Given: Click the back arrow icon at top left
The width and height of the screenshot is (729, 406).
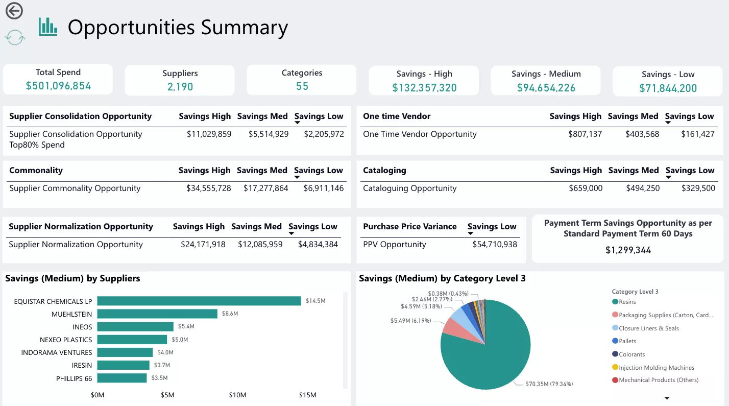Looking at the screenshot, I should click(x=14, y=10).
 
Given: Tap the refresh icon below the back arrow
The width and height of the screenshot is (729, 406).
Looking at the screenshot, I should click(x=15, y=37).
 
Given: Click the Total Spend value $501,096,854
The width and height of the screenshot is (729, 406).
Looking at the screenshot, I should click(x=58, y=86).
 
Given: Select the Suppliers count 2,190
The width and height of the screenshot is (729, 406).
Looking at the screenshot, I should click(x=180, y=87).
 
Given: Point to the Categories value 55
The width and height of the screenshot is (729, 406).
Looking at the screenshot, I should click(x=302, y=86).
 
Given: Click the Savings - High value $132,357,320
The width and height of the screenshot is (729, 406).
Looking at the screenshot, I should click(x=424, y=88).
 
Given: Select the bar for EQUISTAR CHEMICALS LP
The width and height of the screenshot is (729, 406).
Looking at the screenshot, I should click(x=199, y=301).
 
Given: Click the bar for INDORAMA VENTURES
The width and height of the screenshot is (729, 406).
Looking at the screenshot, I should click(x=125, y=352).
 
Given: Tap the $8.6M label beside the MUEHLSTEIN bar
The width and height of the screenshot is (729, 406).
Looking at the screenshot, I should click(x=230, y=314).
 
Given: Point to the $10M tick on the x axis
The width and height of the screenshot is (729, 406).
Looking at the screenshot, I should click(x=237, y=395).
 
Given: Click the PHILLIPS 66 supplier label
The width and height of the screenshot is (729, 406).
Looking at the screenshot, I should click(x=74, y=378).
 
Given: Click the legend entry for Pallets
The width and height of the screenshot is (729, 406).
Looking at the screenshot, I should click(x=627, y=341).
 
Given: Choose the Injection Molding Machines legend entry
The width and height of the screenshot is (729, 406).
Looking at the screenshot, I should click(x=656, y=368).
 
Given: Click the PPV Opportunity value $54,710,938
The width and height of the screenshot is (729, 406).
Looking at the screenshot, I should click(x=495, y=245).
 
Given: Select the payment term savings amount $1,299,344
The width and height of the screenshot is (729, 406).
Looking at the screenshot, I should click(x=628, y=250).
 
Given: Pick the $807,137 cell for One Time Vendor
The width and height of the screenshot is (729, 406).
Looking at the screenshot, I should click(x=585, y=134).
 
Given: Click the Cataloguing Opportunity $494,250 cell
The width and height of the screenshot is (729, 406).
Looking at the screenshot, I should click(x=643, y=188).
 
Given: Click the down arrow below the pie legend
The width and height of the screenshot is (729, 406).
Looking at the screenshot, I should click(x=666, y=398).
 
